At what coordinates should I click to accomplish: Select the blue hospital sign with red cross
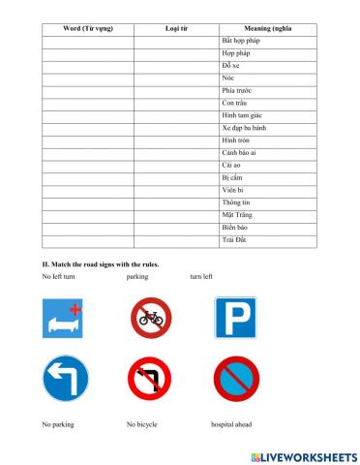tap(61, 318)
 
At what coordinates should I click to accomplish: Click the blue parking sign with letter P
tap(235, 317)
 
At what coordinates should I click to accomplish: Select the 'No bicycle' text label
tap(143, 425)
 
